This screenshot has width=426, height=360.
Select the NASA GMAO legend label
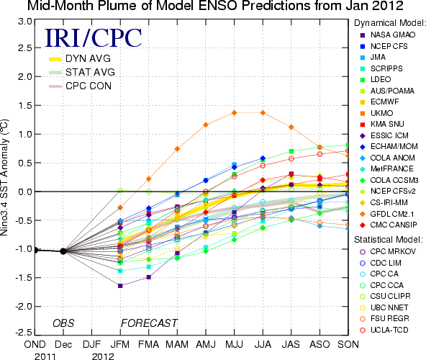coord(388,35)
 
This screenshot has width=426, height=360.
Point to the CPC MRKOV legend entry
coord(388,251)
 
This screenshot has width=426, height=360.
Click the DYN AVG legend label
coord(88,59)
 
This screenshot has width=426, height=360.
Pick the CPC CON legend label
coord(89,86)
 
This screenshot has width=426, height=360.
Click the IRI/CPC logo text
coord(94,37)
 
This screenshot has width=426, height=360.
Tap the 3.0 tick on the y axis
coord(25,21)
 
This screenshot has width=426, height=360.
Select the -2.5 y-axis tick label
coord(24,333)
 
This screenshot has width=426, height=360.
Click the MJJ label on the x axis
coord(234,344)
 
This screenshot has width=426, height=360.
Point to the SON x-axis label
coord(348,344)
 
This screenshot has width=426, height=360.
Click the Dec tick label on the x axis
coord(63,344)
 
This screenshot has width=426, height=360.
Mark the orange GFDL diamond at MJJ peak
coord(234,112)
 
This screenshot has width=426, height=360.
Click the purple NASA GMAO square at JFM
coord(120,286)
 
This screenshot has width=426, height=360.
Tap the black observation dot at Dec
coord(63,251)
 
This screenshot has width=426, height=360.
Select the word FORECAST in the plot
coord(149,323)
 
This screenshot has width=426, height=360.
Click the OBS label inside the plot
coord(63,323)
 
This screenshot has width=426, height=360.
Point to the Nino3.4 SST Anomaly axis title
coord(4,177)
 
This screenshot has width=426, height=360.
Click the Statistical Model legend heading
coord(389,240)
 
